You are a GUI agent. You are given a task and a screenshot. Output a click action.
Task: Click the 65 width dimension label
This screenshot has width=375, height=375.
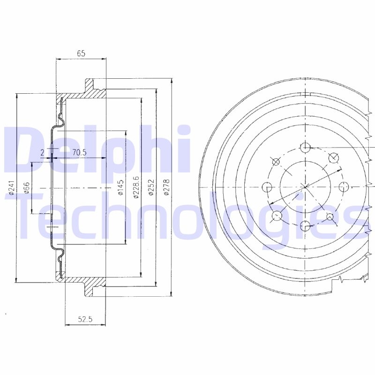[x=81, y=53]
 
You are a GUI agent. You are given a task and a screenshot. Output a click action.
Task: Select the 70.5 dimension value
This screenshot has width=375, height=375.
[x=80, y=152]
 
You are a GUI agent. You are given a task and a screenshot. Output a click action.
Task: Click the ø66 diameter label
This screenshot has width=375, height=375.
[x=26, y=187]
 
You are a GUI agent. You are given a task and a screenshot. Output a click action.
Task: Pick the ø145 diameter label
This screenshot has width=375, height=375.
[x=120, y=187]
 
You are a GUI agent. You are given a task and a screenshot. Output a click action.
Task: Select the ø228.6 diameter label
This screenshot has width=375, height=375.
[x=136, y=187]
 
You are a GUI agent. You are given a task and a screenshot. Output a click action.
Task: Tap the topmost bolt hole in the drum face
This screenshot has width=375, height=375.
[x=305, y=148]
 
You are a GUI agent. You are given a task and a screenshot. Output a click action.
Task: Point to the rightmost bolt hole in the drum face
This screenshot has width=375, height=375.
[x=344, y=187]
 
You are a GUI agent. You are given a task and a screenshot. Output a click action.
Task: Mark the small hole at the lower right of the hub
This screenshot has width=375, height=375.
[x=330, y=217]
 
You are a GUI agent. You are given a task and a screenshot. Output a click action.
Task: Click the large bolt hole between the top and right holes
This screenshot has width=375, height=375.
[x=333, y=158]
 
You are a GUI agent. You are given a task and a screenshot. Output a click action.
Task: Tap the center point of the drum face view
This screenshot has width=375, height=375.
[x=305, y=187]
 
